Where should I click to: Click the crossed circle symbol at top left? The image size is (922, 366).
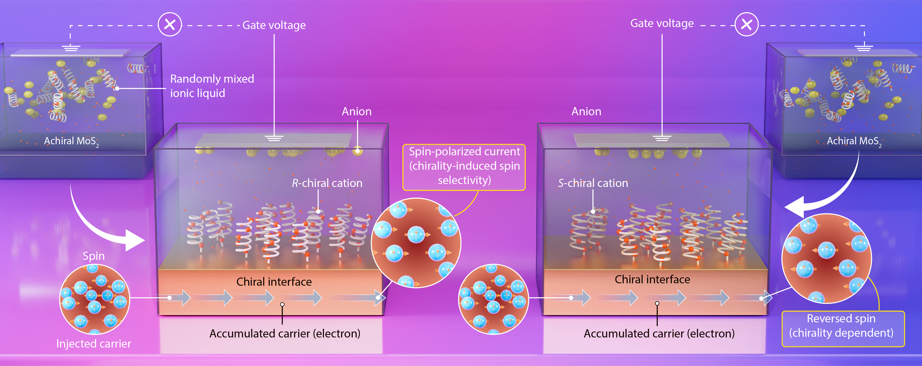coord(170,24)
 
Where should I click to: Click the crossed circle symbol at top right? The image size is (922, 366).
coord(746,24)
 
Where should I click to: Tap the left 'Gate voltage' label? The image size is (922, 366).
coord(274,25)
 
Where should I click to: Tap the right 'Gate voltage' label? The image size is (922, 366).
coord(662,23)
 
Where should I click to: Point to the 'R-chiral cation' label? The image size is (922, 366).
coord(327,183)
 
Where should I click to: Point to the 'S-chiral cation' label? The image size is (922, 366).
coord(593,183)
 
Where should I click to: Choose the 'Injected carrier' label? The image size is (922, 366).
coord(94,343)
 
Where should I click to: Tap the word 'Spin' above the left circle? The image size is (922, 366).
coord(94,256)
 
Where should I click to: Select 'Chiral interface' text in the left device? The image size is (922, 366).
coord(274,282)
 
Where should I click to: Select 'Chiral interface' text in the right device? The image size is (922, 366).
coord(652,279)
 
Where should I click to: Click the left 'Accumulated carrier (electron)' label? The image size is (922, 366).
coord(285,333)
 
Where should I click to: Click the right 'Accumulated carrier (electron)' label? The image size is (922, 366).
coord(659,333)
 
